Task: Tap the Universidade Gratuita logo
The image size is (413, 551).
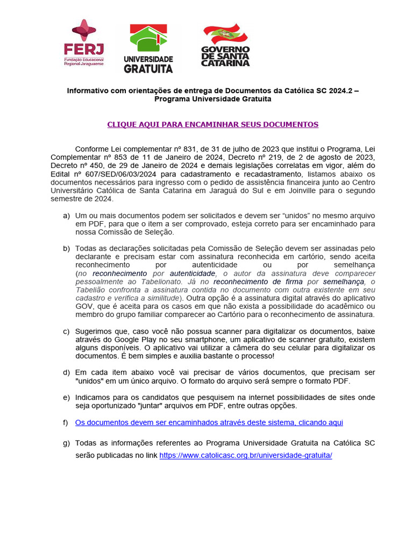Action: [x=148, y=48]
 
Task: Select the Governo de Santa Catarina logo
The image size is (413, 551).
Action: [x=225, y=45]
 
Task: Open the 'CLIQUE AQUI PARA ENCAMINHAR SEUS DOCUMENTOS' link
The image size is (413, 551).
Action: [x=212, y=124]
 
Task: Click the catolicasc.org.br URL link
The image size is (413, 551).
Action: [x=246, y=455]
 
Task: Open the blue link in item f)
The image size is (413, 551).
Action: [x=209, y=422]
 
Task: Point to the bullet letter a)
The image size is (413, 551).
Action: [x=67, y=215]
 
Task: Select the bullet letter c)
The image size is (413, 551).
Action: [x=67, y=331]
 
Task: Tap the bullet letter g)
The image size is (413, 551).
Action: [x=67, y=443]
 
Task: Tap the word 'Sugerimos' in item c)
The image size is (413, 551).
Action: [x=95, y=331]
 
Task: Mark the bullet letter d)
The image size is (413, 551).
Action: [x=67, y=372]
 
